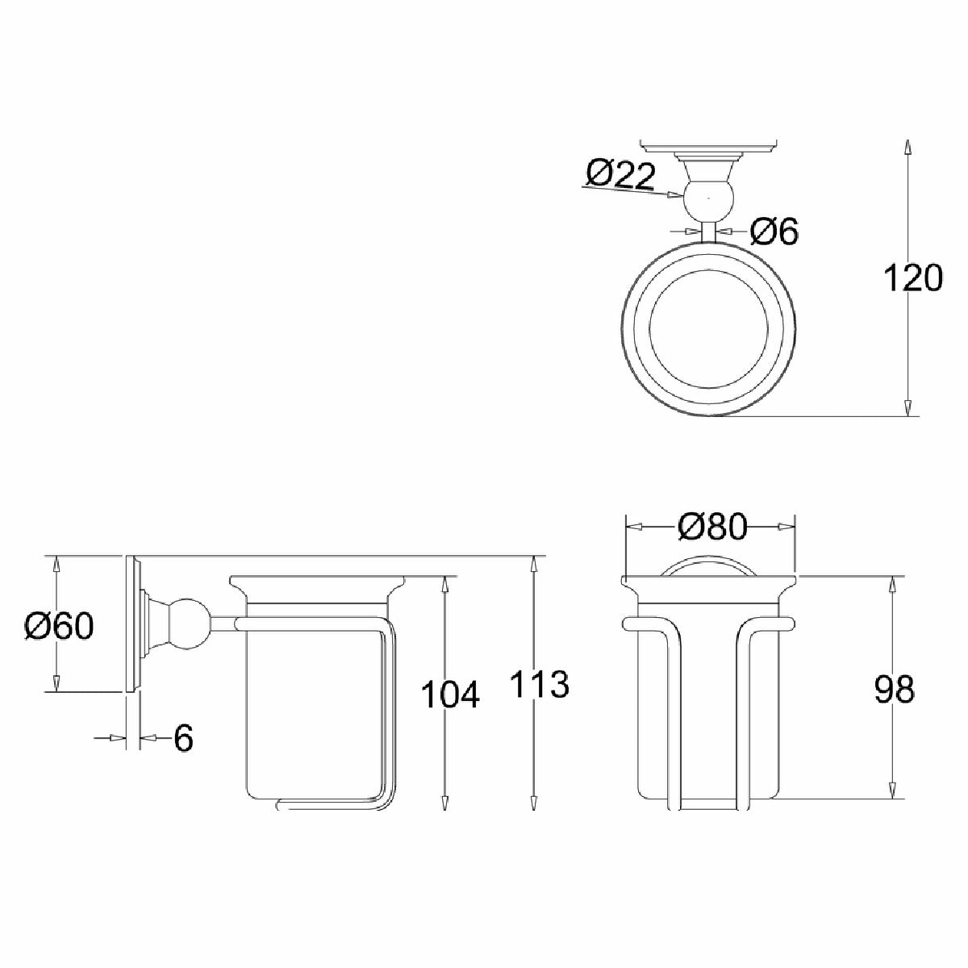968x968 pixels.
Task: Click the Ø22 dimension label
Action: click(620, 177)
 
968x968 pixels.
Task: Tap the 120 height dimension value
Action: click(912, 278)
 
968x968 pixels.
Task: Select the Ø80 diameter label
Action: click(711, 528)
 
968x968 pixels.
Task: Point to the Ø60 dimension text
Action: click(59, 627)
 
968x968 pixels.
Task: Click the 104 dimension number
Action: click(449, 694)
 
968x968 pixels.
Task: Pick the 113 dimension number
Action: click(540, 684)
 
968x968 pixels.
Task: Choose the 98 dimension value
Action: click(894, 689)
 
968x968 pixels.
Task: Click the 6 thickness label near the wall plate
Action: click(183, 738)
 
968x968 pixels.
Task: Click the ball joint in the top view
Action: click(709, 199)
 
